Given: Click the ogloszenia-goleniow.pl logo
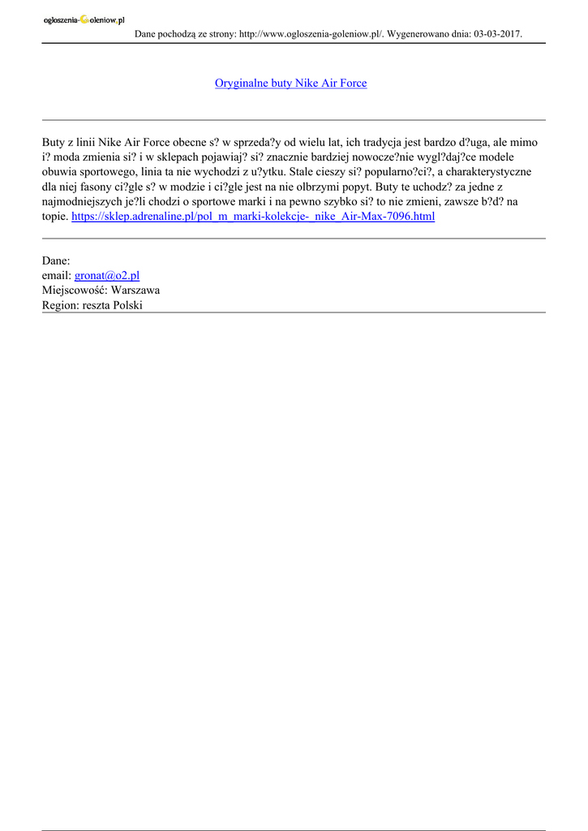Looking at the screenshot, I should pyautogui.click(x=84, y=19).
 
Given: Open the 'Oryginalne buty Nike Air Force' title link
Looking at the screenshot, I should pyautogui.click(x=290, y=84).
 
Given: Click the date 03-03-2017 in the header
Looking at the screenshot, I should pyautogui.click(x=496, y=34).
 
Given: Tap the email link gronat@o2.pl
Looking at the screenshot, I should pyautogui.click(x=106, y=276).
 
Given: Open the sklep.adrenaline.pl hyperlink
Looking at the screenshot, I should pyautogui.click(x=253, y=217).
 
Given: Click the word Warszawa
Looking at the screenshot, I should pyautogui.click(x=135, y=291).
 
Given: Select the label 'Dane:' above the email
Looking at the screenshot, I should pyautogui.click(x=56, y=261).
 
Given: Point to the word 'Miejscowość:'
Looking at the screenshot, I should pyautogui.click(x=75, y=291).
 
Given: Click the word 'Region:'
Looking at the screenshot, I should pyautogui.click(x=60, y=305).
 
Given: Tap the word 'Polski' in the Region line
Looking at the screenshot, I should pyautogui.click(x=128, y=305).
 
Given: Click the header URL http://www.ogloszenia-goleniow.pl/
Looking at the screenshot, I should pyautogui.click(x=311, y=34).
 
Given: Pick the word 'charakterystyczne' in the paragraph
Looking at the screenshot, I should pyautogui.click(x=484, y=172).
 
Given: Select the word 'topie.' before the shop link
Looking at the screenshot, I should pyautogui.click(x=55, y=217).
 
